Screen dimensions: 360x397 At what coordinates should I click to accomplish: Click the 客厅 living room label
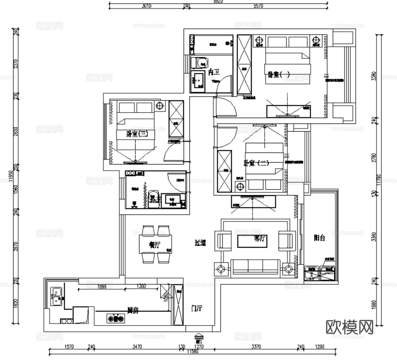[260, 239]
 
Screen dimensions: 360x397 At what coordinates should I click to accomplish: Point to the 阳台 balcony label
[319, 238]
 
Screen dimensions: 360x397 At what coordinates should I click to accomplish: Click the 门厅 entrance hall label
[197, 308]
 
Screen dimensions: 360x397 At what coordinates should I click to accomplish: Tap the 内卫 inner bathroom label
[214, 72]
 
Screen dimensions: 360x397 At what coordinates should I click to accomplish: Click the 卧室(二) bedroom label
[257, 163]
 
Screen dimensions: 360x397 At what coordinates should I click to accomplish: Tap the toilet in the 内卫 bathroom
[199, 62]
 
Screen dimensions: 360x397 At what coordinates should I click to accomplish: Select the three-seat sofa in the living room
[255, 267]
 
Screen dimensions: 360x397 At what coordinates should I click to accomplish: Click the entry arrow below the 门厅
[198, 337]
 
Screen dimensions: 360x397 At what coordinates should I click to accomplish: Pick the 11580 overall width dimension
[193, 351]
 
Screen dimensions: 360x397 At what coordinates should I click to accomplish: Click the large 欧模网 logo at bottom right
[349, 327]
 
